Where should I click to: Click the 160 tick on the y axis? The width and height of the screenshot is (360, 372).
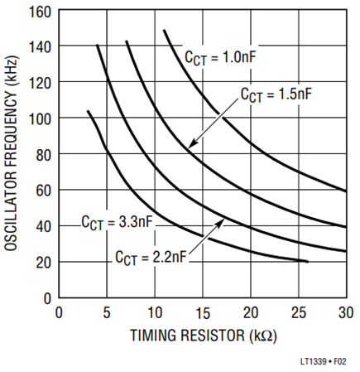pyautogui.click(x=40, y=12)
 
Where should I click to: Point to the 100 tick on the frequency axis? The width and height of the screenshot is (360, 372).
pyautogui.click(x=40, y=119)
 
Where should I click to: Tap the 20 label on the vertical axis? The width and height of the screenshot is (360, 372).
pyautogui.click(x=44, y=263)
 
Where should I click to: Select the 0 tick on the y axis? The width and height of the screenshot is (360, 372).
pyautogui.click(x=48, y=299)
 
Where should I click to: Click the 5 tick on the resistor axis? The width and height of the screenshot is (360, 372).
pyautogui.click(x=107, y=313)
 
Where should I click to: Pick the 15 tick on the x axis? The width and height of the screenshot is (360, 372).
pyautogui.click(x=203, y=313)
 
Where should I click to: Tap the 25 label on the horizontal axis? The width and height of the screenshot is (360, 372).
pyautogui.click(x=299, y=313)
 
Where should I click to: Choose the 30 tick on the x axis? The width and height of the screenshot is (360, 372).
pyautogui.click(x=346, y=313)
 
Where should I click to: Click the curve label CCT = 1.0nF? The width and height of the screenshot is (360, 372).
pyautogui.click(x=220, y=58)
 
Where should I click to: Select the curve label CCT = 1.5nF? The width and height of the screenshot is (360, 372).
pyautogui.click(x=276, y=94)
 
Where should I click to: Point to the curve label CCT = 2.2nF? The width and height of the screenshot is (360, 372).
pyautogui.click(x=151, y=258)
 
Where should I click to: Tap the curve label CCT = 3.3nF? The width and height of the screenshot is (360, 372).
pyautogui.click(x=117, y=222)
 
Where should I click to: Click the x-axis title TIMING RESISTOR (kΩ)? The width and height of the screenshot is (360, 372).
pyautogui.click(x=204, y=336)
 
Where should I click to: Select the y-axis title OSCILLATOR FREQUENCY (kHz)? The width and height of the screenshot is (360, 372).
pyautogui.click(x=12, y=153)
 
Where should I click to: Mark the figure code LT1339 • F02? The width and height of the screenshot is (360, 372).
pyautogui.click(x=323, y=361)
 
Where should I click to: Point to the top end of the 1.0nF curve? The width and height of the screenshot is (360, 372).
pyautogui.click(x=164, y=31)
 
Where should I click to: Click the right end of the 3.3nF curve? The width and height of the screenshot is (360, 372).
pyautogui.click(x=308, y=261)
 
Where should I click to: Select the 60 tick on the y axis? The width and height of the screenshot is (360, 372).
pyautogui.click(x=44, y=191)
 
